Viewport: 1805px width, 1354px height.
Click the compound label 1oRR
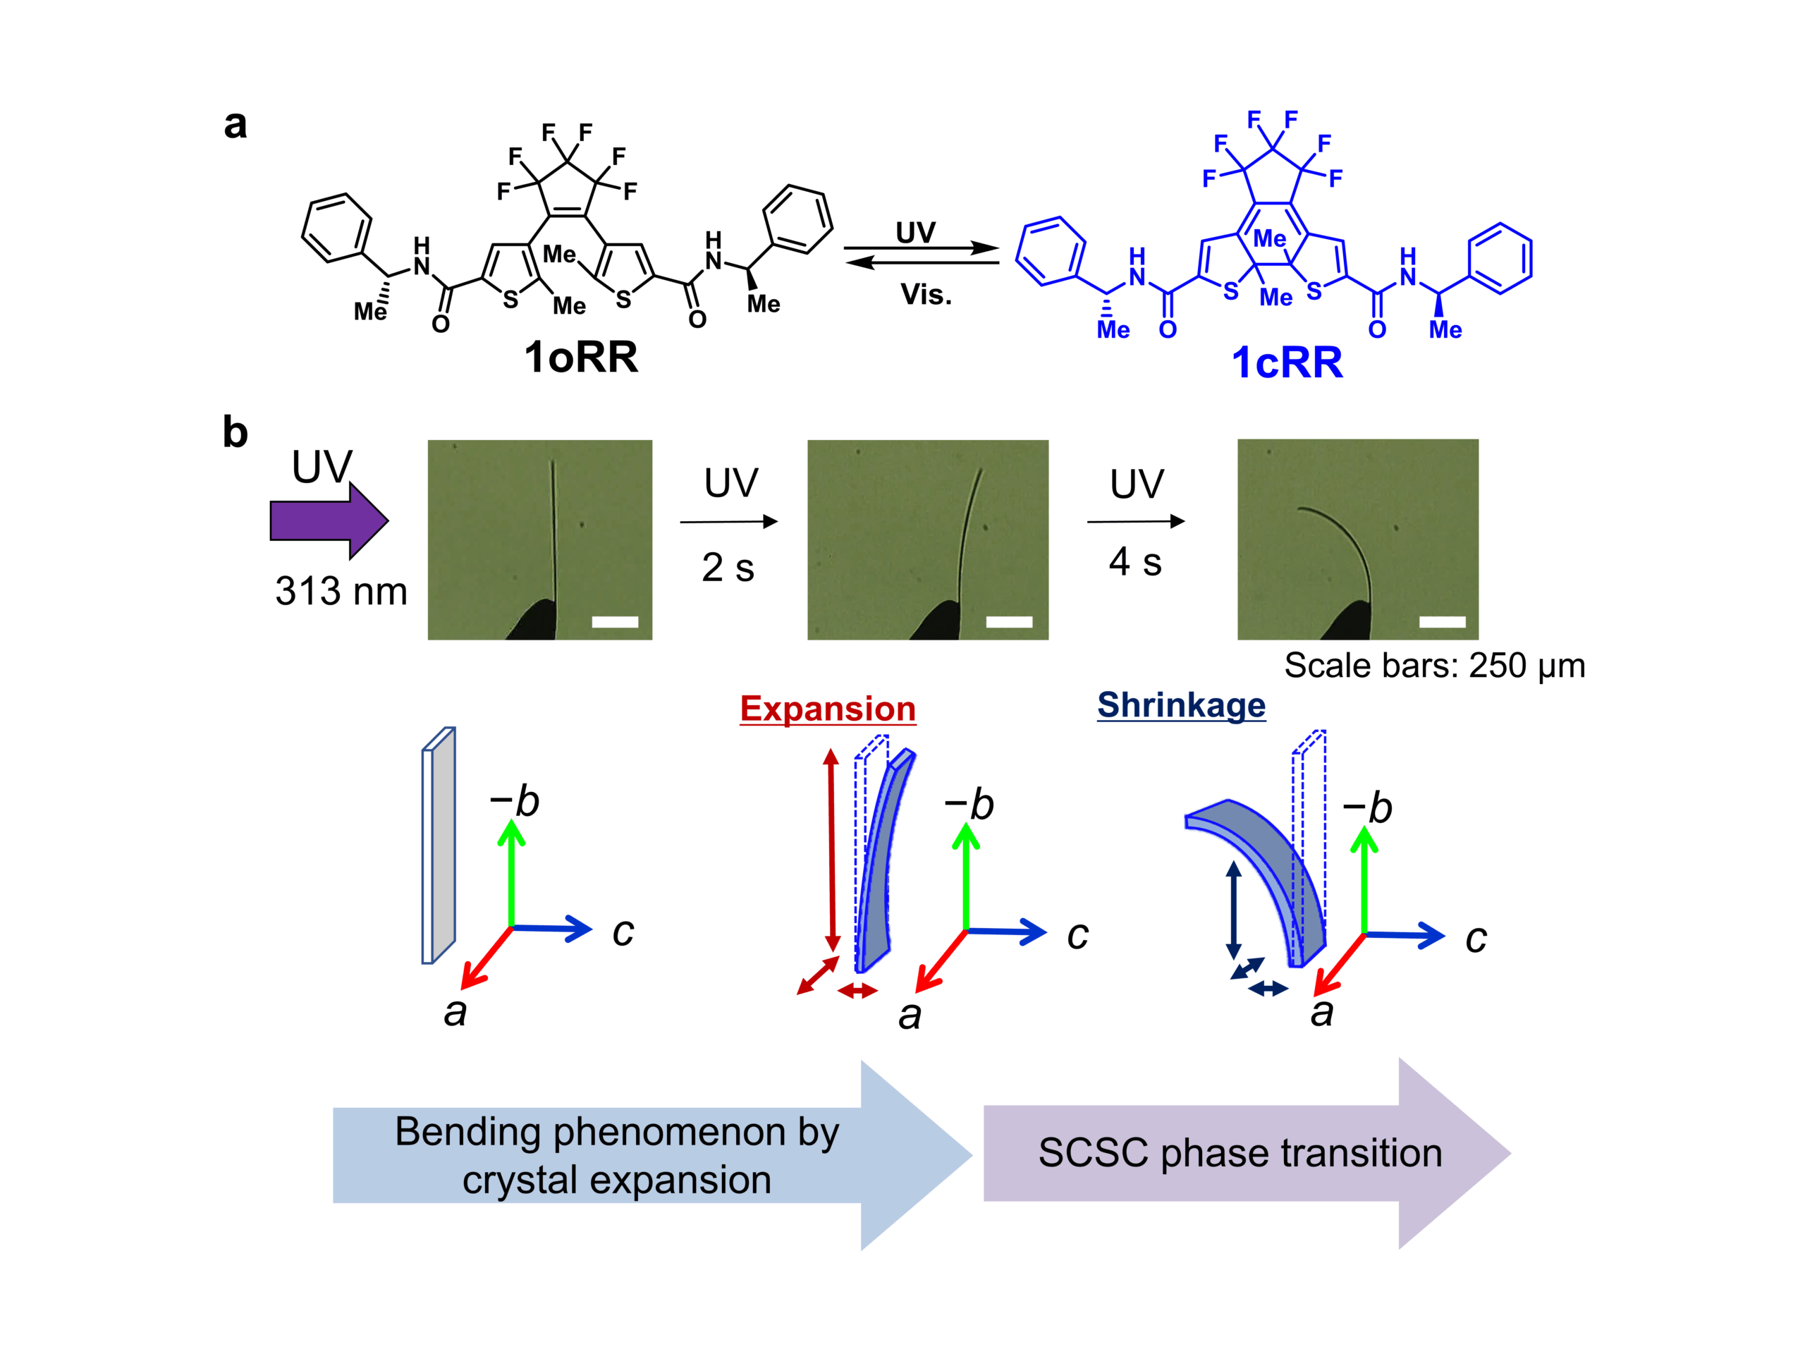[x=581, y=358]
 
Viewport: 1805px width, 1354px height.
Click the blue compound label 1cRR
[x=1287, y=363]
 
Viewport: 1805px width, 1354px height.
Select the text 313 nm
[x=341, y=591]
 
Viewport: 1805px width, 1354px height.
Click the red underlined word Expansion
[x=828, y=709]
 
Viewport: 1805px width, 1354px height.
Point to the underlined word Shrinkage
[x=1181, y=705]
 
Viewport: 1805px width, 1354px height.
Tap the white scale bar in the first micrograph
[x=614, y=622]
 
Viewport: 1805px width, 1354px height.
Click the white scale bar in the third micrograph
[x=1442, y=622]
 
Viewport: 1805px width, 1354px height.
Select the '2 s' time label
[x=728, y=567]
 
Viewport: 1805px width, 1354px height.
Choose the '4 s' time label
[x=1135, y=562]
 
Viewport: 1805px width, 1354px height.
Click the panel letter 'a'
[x=235, y=124]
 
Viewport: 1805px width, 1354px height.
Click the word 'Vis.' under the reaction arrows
[x=926, y=295]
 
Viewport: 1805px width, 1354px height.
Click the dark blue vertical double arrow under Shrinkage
[x=1234, y=910]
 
